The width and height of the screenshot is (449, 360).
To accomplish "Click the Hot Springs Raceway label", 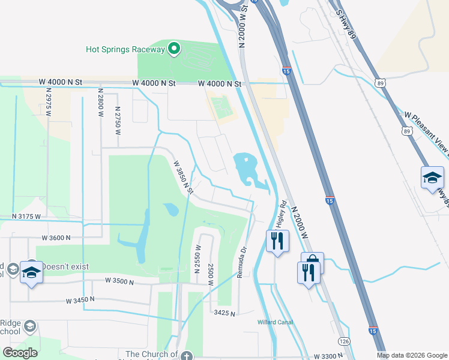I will coord(125,49).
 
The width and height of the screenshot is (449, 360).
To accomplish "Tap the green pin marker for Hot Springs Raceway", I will coord(174,49).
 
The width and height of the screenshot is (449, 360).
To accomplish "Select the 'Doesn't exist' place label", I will coord(65,266).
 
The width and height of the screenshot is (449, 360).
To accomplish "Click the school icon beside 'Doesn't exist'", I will coord(31,272).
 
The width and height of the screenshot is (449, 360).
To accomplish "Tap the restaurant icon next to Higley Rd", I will coord(277,241).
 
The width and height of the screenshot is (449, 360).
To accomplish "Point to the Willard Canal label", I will coord(275,322).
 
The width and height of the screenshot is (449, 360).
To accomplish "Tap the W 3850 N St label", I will coord(183,176).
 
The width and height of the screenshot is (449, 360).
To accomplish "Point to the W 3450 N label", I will coord(81,299).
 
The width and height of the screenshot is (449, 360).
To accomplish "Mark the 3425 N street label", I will coord(225,312).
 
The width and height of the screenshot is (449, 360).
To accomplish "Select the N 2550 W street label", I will coord(197,258).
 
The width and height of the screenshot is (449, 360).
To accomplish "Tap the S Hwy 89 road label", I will coord(346,25).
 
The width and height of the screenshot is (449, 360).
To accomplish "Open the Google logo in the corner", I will coord(20,352).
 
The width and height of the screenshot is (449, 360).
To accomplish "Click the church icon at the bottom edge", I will coord(187,355).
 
